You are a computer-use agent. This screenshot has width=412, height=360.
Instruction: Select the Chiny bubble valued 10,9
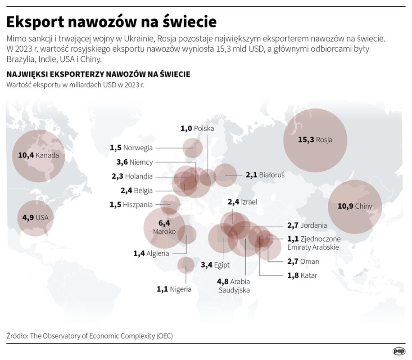pyautogui.click(x=356, y=206)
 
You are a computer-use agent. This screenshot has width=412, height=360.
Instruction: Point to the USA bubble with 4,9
pyautogui.click(x=35, y=218)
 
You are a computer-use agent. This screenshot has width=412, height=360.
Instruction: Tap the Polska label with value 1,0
pyautogui.click(x=197, y=128)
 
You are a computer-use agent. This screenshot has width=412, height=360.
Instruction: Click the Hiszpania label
pyautogui.click(x=131, y=205)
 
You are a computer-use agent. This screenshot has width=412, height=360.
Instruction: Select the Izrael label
pyautogui.click(x=242, y=202)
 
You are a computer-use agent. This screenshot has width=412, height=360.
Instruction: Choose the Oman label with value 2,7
pyautogui.click(x=303, y=261)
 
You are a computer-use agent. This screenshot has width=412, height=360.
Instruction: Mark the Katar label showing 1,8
pyautogui.click(x=302, y=275)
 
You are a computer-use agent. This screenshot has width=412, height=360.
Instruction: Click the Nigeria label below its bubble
pyautogui.click(x=174, y=289)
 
